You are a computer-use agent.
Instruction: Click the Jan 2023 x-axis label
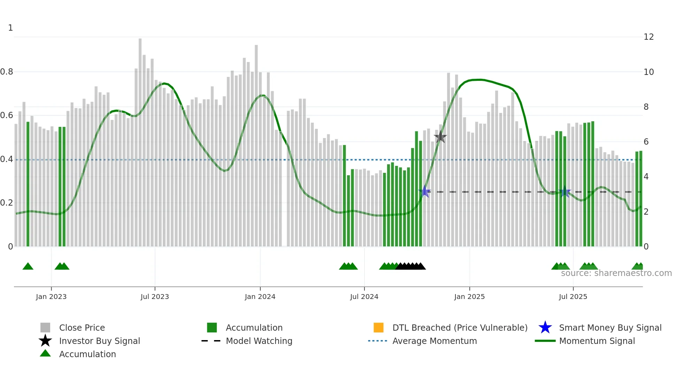tap(51, 297)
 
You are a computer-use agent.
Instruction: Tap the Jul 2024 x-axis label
tap(364, 297)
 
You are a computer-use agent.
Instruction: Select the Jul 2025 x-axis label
tap(573, 297)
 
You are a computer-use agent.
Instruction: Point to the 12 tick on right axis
tap(649, 37)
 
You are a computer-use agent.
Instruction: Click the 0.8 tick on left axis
tap(7, 72)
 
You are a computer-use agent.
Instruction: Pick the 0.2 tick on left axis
tap(7, 203)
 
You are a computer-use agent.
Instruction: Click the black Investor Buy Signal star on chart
tap(440, 137)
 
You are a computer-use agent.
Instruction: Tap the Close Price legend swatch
tap(45, 328)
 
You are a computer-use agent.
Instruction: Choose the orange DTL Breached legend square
tap(378, 328)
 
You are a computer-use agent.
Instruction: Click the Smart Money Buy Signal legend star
tap(545, 328)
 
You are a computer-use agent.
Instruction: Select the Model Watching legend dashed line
tap(211, 341)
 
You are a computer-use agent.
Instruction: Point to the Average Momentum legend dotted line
tap(378, 341)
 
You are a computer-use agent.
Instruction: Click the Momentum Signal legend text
tap(597, 341)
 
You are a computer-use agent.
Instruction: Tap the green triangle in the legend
tap(45, 353)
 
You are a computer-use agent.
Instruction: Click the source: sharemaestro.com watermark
tap(616, 273)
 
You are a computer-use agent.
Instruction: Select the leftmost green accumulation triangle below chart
tap(28, 267)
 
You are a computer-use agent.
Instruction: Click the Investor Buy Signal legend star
tap(45, 341)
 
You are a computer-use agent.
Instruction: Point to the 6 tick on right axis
tap(646, 142)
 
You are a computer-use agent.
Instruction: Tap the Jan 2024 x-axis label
tap(260, 297)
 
